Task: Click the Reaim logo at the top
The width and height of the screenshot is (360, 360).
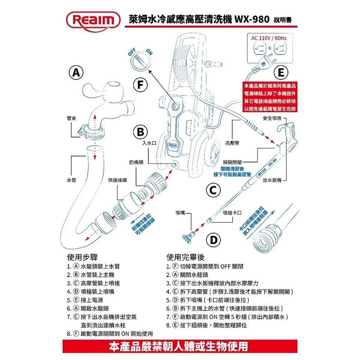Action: coord(93,21)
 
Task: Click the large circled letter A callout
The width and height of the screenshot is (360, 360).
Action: coord(76,72)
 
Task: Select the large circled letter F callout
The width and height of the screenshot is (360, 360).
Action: coord(140,85)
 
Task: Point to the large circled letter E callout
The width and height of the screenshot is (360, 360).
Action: coord(281,72)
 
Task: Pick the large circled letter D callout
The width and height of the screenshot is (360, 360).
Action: coord(213,240)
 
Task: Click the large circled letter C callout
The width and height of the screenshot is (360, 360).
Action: coord(213,190)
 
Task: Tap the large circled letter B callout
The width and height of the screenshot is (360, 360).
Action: coord(140,132)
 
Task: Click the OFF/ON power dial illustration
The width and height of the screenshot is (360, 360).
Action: coord(141,60)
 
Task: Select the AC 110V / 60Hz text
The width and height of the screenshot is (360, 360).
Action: coord(269,38)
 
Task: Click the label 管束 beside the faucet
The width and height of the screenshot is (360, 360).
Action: coord(71,118)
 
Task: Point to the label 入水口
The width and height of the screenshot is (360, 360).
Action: coord(149,143)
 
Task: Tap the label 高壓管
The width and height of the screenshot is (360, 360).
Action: coord(232,143)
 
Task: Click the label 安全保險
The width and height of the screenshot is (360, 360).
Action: coord(272,118)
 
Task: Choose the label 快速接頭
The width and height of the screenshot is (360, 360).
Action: coord(117,180)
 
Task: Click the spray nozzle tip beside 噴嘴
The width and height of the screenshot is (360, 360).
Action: coord(188,238)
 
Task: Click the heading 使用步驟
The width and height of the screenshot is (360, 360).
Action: coord(82,257)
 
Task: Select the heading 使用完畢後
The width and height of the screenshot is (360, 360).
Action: coord(185,257)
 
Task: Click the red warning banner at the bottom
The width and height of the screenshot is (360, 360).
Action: coord(180,346)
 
